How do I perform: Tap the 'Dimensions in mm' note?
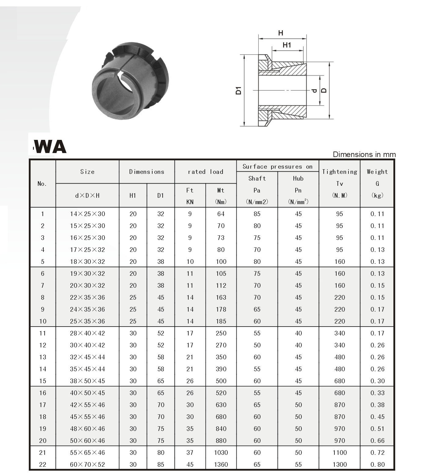(x=364, y=155)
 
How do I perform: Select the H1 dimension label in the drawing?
(x=286, y=45)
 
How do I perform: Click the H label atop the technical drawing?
(x=280, y=33)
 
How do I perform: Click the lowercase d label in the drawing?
(x=314, y=91)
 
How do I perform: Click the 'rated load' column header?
(x=205, y=172)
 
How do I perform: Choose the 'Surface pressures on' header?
(x=277, y=166)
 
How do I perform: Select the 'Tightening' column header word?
(x=339, y=172)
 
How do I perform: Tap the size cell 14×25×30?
(x=87, y=214)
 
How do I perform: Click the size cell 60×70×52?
(x=87, y=464)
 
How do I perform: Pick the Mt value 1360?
(x=221, y=464)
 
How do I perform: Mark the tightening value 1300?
(x=339, y=464)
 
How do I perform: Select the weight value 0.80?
(x=377, y=464)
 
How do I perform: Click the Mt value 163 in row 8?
(x=221, y=297)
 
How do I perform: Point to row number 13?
(x=42, y=357)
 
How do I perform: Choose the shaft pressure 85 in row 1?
(x=257, y=214)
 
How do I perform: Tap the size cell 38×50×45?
(x=87, y=381)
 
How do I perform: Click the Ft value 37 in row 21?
(x=190, y=452)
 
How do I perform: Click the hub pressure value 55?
(x=298, y=464)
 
